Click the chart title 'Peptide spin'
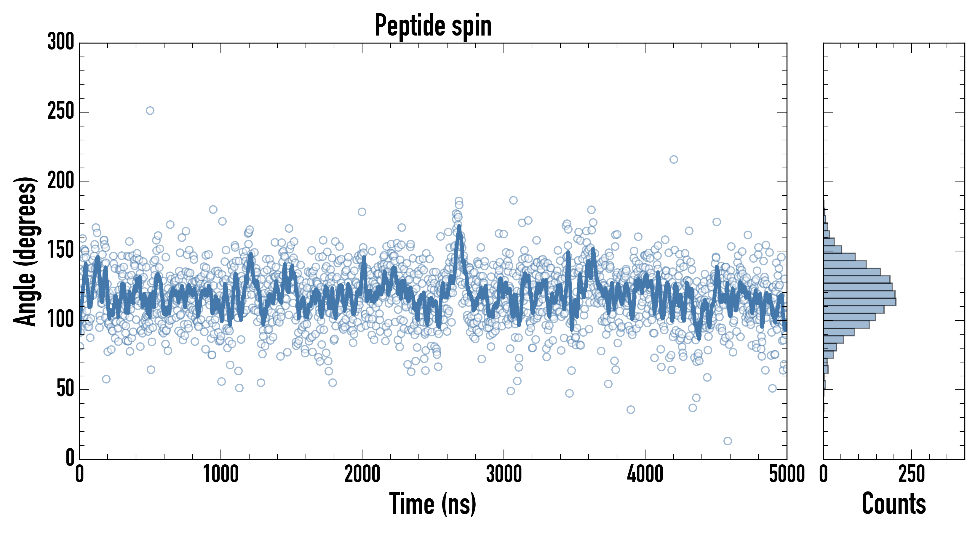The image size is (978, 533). tap(433, 26)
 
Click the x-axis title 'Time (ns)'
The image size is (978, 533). tap(432, 504)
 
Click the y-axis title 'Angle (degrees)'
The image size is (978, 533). tap(25, 251)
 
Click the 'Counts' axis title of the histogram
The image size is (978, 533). tap(894, 504)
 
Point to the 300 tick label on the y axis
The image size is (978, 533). tap(61, 42)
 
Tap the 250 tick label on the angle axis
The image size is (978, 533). tap(61, 112)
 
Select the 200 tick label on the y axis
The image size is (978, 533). tap(61, 181)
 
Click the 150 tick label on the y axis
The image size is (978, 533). tap(61, 251)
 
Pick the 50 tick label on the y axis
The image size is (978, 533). tap(65, 389)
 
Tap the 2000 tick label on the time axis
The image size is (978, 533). tap(362, 475)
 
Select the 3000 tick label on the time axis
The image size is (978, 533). tap(504, 475)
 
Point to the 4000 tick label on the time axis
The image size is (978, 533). tap(645, 475)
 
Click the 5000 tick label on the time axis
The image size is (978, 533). tap(787, 475)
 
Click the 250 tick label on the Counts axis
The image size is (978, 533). tap(912, 475)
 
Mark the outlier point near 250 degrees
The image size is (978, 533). tap(150, 111)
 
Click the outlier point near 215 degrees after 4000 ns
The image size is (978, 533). tap(674, 159)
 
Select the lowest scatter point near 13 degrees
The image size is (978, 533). tap(728, 441)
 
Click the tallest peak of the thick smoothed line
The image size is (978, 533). tap(459, 227)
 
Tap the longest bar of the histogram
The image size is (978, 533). tap(859, 302)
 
